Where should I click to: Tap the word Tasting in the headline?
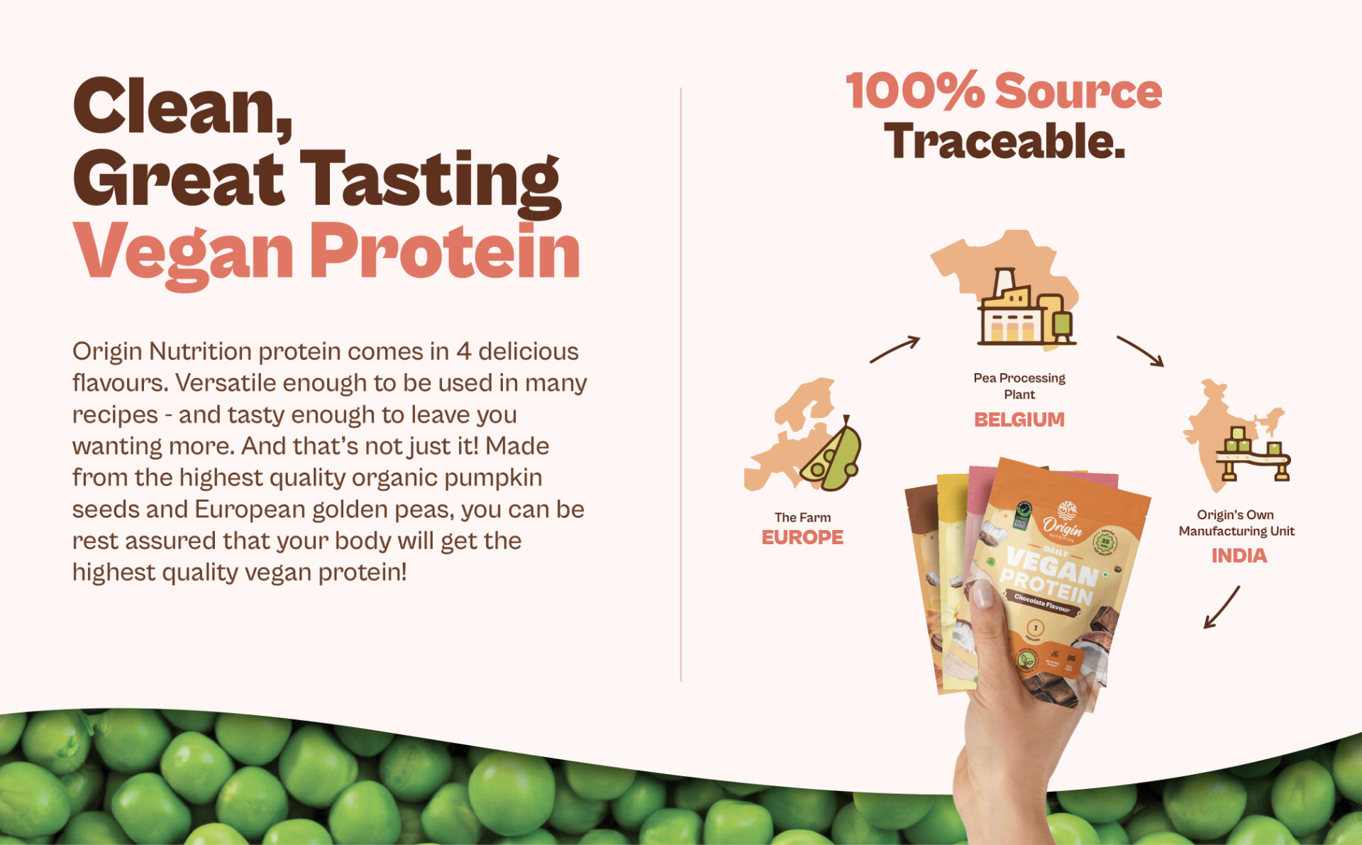coord(430,180)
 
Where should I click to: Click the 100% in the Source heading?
coord(915,92)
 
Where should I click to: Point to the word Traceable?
coord(1004,141)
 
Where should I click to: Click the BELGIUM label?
coord(1019,420)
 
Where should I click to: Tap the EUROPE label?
coord(802,538)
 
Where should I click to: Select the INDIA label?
coord(1239,556)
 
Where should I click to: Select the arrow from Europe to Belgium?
coord(895,349)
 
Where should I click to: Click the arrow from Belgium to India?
coord(1141,351)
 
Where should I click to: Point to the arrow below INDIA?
coord(1222,607)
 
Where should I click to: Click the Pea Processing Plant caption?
coord(1019,386)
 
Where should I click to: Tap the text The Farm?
coord(802,517)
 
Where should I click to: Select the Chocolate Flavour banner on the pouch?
coord(1041,603)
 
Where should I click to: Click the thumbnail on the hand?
coord(982,593)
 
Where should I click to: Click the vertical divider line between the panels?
coord(681,383)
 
